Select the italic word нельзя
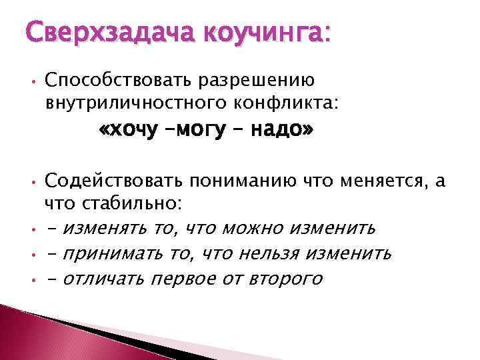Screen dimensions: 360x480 coord(274,253)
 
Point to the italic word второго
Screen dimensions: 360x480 coord(283,279)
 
